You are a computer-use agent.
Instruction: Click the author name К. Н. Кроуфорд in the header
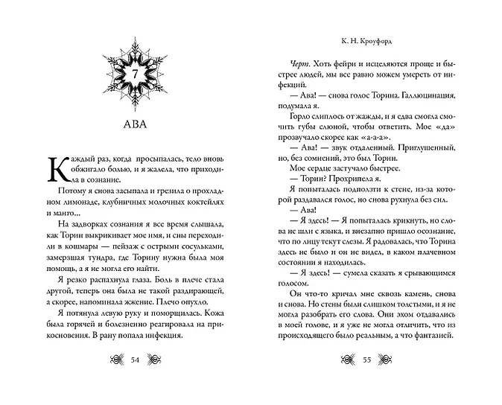(x=367, y=43)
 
